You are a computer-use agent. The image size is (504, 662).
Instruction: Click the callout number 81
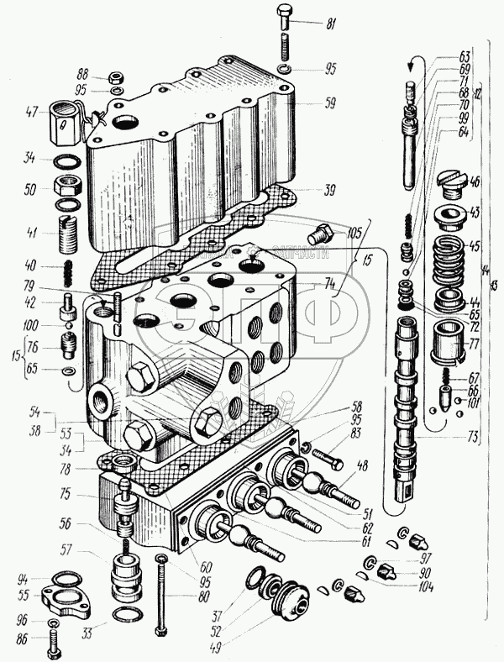tap(330, 24)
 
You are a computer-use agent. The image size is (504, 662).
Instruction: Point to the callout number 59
tap(330, 105)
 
